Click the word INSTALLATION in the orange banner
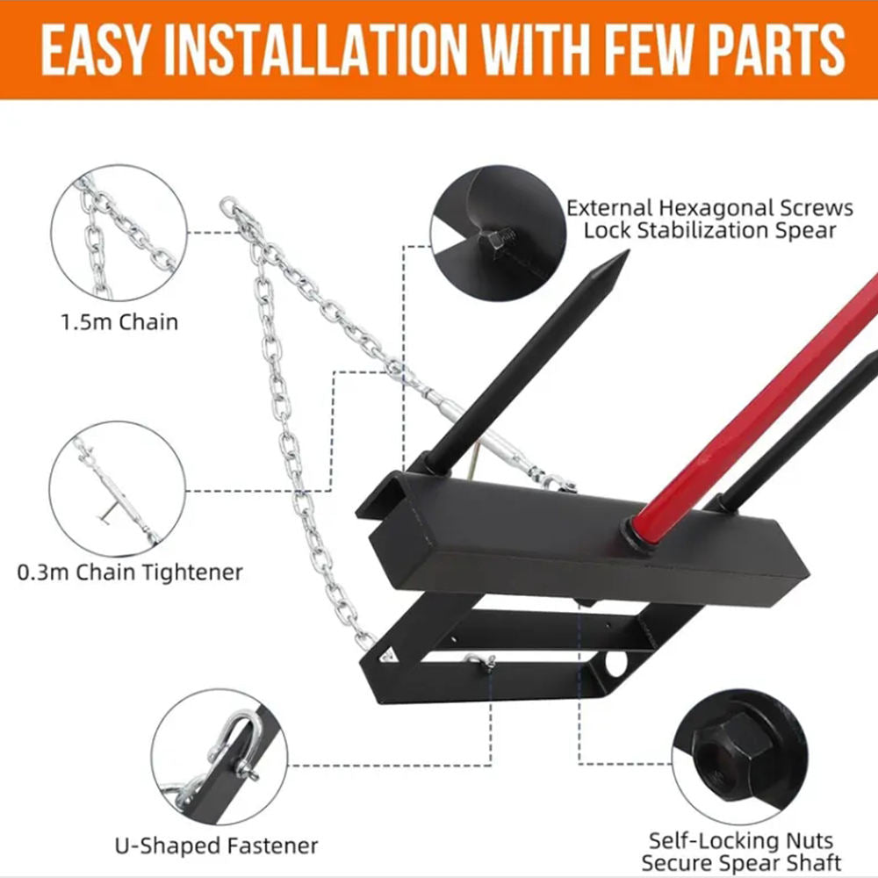coord(316,50)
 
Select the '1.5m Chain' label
coord(119,322)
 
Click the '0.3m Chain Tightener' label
coord(130,572)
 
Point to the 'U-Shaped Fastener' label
coord(216,846)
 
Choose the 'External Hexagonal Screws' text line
coord(709,208)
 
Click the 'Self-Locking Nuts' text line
coord(741,841)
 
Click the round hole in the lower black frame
coord(615,663)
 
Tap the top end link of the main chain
coord(228,205)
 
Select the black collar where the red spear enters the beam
coord(638,535)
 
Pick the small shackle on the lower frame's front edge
coord(480,661)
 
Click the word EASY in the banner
coord(96,50)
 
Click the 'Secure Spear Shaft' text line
coord(741,863)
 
